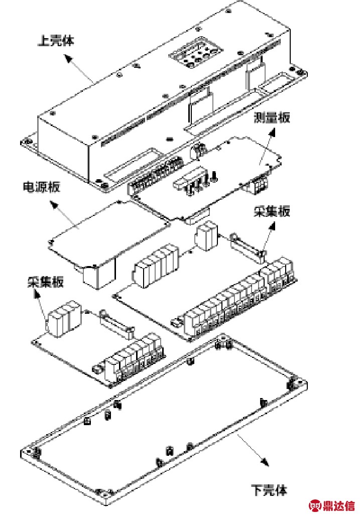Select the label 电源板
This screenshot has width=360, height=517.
coord(42,187)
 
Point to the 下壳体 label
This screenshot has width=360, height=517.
coord(269,490)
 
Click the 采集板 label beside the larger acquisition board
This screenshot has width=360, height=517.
coord(272,211)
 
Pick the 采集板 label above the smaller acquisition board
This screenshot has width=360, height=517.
coord(46,282)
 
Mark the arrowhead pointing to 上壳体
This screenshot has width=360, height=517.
coord(68,59)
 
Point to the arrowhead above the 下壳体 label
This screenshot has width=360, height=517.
coord(265,461)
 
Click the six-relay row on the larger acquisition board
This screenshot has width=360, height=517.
coord(156,266)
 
